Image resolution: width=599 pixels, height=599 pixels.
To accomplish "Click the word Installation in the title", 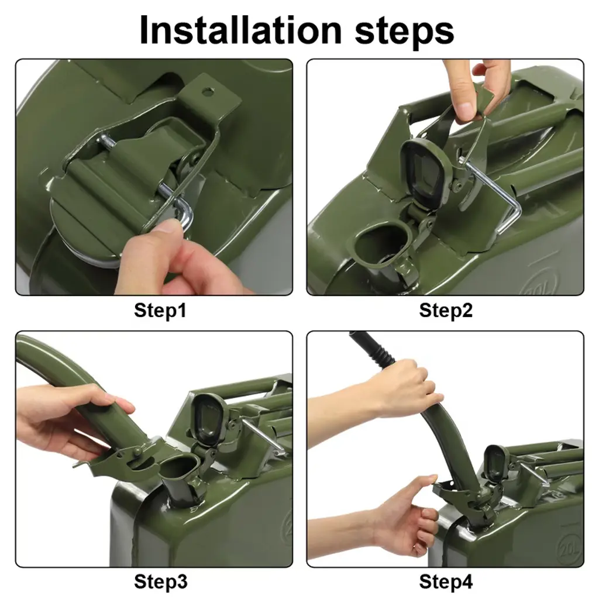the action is [240, 30].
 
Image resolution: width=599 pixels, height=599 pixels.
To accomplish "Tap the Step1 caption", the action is [160, 310].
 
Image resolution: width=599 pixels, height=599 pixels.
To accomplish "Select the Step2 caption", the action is [446, 310].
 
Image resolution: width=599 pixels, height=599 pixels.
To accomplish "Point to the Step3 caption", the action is [160, 581].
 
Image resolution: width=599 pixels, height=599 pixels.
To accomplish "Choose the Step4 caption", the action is [446, 581].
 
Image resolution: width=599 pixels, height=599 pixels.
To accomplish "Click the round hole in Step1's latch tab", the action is [208, 91].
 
